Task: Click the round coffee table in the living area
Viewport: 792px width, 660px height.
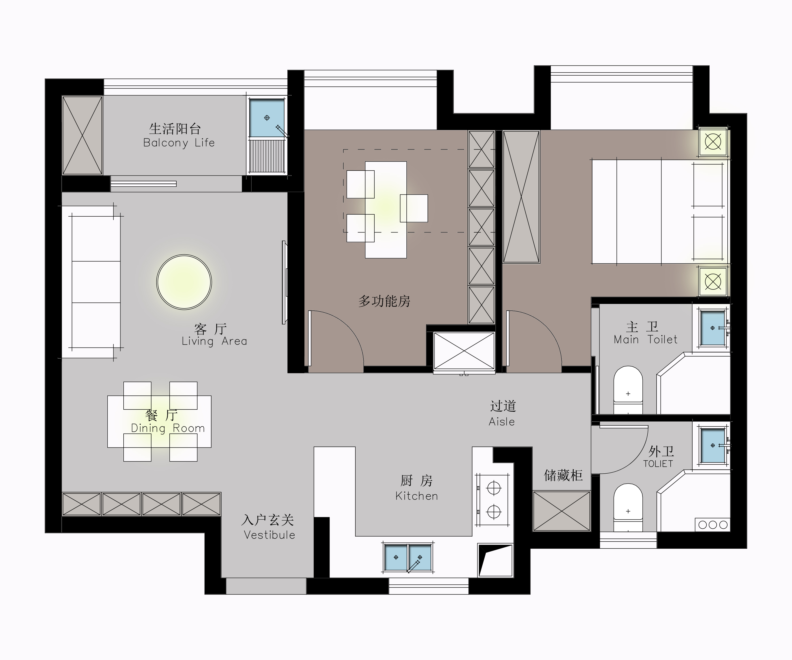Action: pos(184,282)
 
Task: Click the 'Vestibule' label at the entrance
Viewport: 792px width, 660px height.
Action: pos(269,535)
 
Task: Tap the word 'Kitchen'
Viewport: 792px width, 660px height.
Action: pos(417,496)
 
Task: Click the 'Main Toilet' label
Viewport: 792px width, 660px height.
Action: pos(645,339)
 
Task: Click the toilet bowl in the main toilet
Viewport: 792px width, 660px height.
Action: pos(628,390)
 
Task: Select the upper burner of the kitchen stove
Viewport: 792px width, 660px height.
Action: pos(494,488)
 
